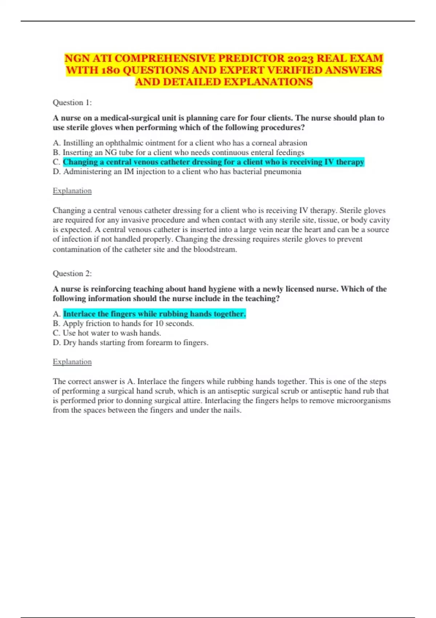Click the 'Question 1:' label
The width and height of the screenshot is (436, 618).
pyautogui.click(x=72, y=103)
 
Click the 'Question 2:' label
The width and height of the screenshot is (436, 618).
pyautogui.click(x=72, y=273)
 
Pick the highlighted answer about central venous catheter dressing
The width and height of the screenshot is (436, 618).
pyautogui.click(x=213, y=162)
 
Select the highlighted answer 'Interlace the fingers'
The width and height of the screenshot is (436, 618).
pyautogui.click(x=154, y=314)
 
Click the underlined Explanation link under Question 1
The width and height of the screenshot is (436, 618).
pyautogui.click(x=72, y=191)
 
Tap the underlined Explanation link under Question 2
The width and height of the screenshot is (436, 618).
pyautogui.click(x=72, y=362)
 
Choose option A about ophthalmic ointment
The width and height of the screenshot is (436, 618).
pyautogui.click(x=180, y=143)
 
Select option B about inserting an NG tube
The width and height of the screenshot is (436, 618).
pyautogui.click(x=178, y=152)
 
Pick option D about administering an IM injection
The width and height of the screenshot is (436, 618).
pyautogui.click(x=177, y=172)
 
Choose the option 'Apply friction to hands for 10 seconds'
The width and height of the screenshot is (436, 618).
pyautogui.click(x=123, y=324)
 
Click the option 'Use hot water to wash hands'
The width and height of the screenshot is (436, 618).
pyautogui.click(x=107, y=333)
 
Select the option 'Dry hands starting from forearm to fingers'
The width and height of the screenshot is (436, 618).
pyautogui.click(x=130, y=342)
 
